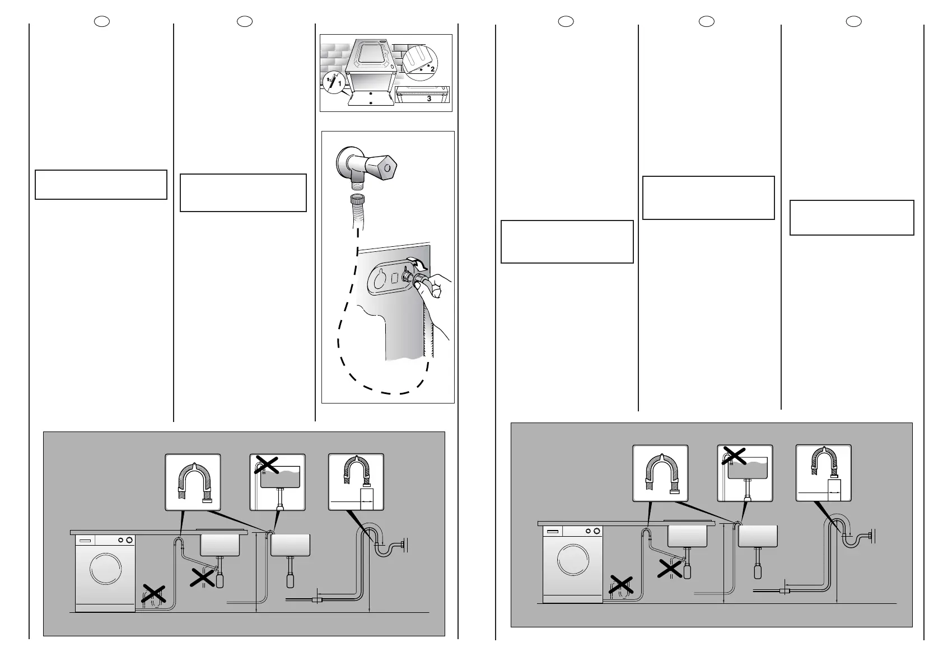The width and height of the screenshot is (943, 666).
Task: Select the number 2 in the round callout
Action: (x=432, y=69)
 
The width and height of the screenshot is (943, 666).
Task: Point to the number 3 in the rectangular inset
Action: (x=429, y=99)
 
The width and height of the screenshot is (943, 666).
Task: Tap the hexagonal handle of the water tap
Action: (x=385, y=166)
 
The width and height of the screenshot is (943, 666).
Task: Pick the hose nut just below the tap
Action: (x=356, y=200)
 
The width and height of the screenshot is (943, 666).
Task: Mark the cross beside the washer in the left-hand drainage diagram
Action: (x=153, y=594)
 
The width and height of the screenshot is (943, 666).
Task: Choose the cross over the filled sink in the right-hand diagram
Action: (x=735, y=456)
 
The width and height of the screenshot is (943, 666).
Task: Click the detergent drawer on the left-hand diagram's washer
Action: (x=85, y=541)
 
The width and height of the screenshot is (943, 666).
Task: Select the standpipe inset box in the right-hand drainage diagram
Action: (x=823, y=473)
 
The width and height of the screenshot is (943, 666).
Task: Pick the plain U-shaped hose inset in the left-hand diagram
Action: (x=193, y=482)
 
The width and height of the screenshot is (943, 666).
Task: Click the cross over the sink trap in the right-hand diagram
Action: (x=670, y=569)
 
